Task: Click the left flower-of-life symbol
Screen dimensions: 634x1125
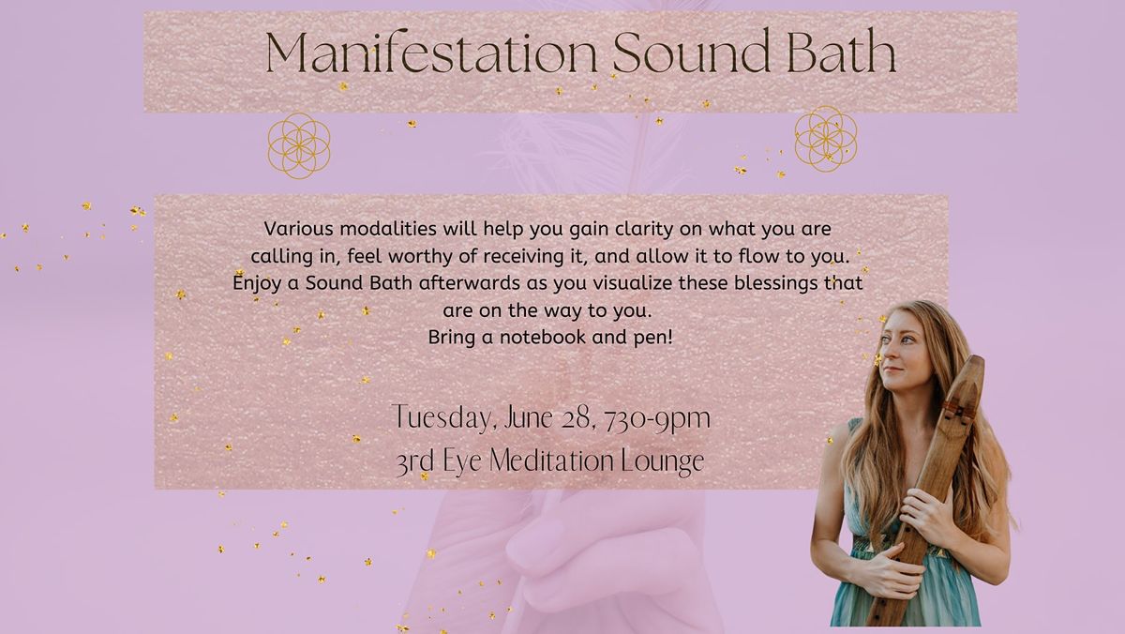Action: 299,145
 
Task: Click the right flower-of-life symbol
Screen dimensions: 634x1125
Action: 826,139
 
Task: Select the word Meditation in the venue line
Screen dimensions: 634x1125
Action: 544,461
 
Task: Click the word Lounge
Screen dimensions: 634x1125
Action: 663,461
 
